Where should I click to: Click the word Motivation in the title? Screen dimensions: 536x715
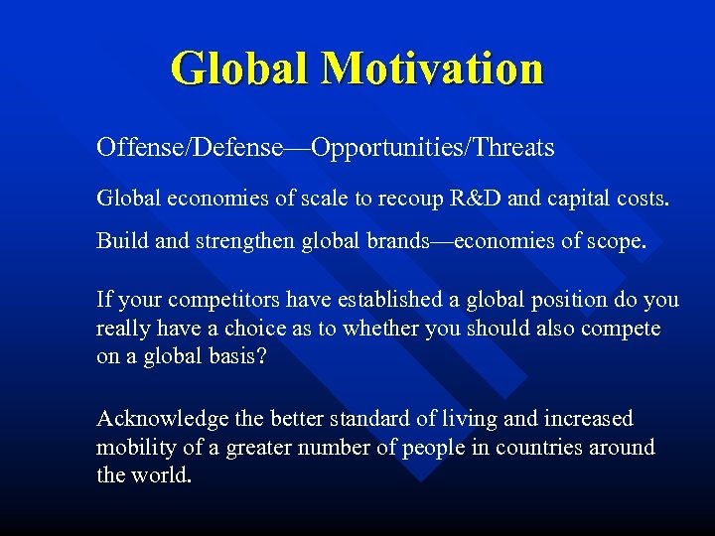coord(433,68)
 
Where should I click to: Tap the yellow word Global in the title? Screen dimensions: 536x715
coord(239,68)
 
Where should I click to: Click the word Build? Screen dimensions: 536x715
coord(118,241)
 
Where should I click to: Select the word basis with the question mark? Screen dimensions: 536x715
coord(239,356)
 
